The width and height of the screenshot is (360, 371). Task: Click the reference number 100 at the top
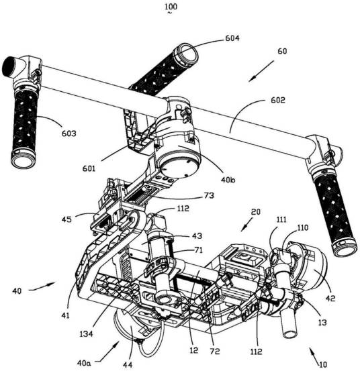171,7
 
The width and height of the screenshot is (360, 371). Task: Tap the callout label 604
232,38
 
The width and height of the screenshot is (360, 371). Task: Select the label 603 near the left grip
69,134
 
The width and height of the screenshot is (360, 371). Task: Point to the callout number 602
278,100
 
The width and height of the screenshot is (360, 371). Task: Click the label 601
89,168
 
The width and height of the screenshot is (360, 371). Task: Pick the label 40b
228,180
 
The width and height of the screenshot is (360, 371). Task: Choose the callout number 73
209,195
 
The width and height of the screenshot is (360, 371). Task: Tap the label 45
66,219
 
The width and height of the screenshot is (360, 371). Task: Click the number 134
86,334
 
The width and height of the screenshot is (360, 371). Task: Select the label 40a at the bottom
84,363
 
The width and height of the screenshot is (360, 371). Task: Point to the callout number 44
128,365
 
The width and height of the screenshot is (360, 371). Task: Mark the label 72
214,352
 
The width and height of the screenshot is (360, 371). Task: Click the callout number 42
330,299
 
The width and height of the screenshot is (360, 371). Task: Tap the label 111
281,219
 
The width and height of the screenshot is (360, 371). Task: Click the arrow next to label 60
261,71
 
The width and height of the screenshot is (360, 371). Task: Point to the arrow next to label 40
42,286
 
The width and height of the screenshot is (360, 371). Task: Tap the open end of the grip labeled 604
189,54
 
